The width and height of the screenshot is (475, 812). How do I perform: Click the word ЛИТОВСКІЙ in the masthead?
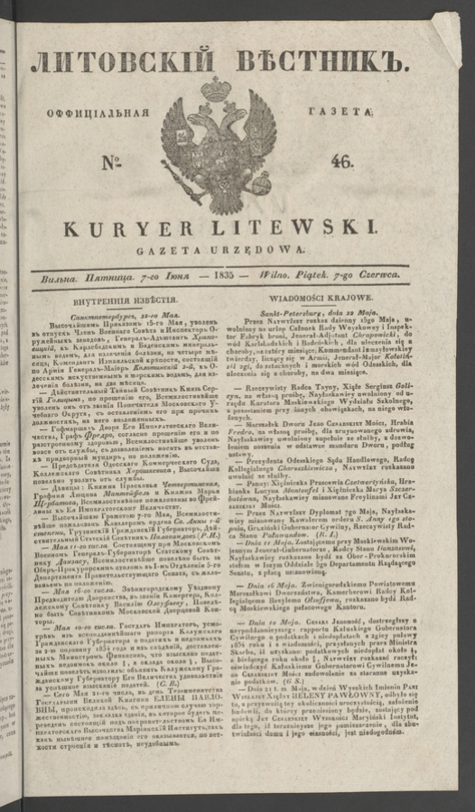coord(123,62)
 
